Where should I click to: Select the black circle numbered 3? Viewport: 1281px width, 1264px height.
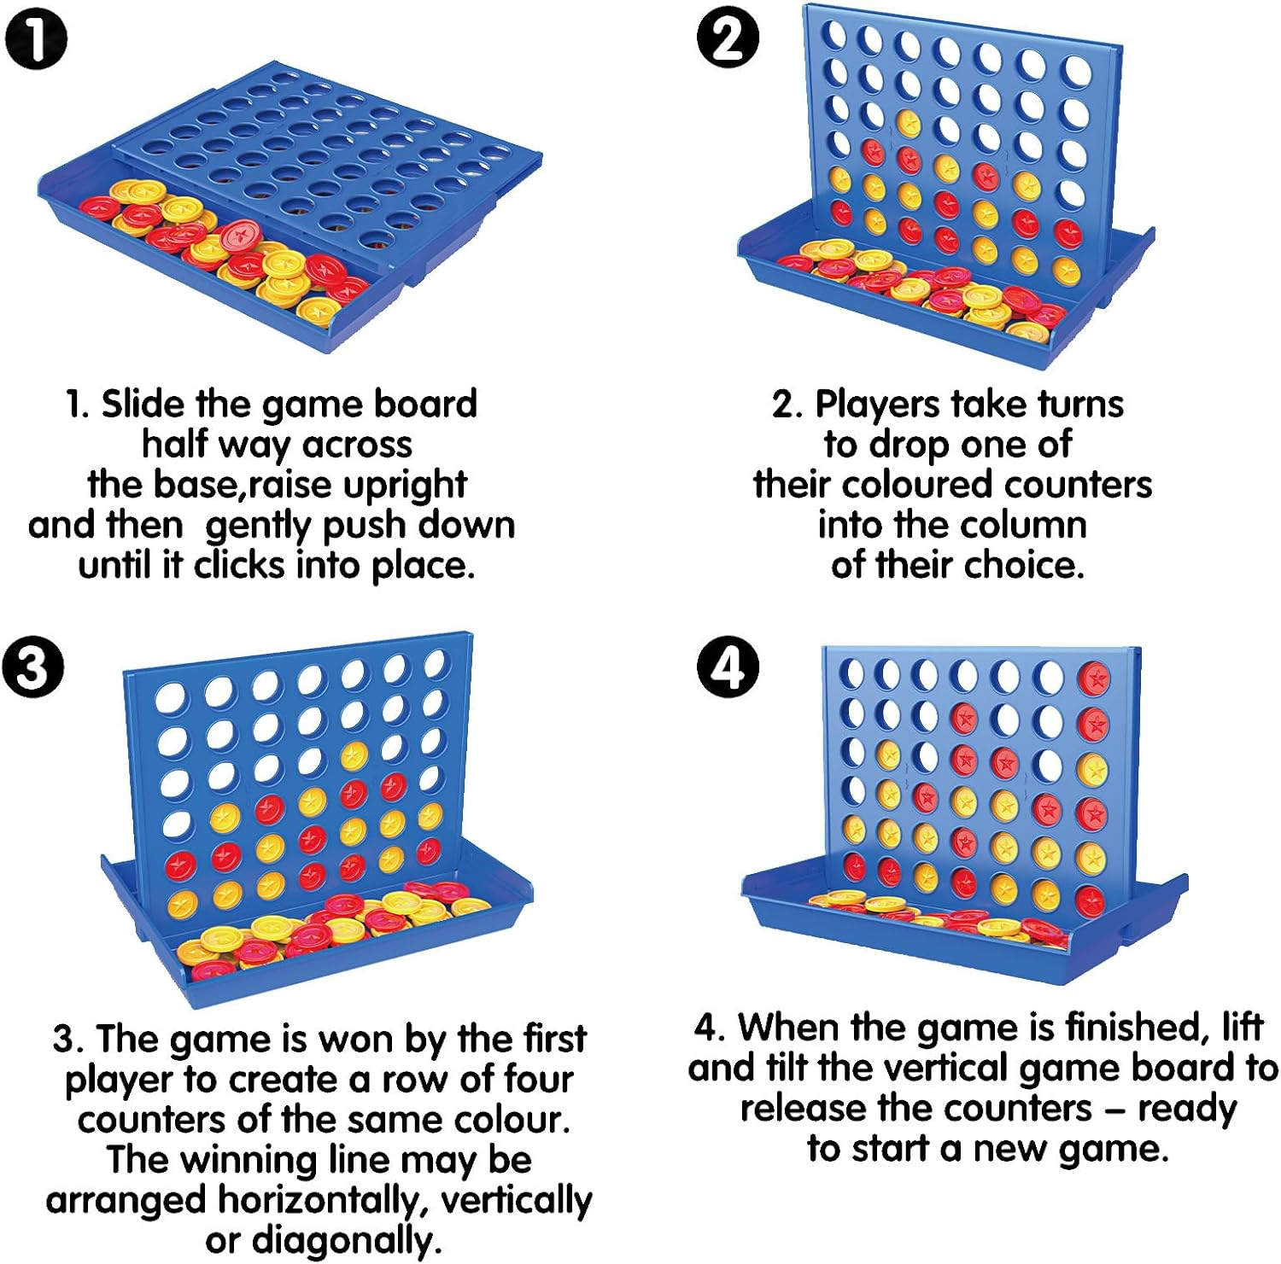click(x=32, y=667)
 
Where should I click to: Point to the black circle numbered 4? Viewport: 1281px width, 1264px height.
click(x=728, y=667)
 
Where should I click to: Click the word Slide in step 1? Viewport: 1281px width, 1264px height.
click(x=146, y=404)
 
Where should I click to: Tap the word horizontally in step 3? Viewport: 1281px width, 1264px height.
click(x=323, y=1200)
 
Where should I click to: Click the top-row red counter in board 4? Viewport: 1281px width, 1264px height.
click(x=1094, y=679)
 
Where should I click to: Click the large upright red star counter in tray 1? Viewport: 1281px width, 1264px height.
click(x=241, y=235)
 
